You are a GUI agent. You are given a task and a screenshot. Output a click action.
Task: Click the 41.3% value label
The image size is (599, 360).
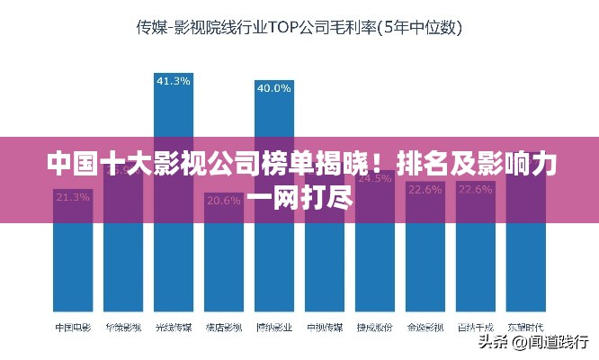point(174,81)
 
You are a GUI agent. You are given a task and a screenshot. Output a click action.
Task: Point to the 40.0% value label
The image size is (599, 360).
point(273,88)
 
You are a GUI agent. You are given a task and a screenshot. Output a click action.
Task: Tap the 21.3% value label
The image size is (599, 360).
point(73,196)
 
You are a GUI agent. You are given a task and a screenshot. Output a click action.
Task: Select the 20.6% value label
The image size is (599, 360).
point(223,200)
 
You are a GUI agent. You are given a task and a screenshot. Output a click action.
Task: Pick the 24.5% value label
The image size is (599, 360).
point(374,178)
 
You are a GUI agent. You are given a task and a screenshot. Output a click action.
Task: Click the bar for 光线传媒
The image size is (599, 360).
point(174,252)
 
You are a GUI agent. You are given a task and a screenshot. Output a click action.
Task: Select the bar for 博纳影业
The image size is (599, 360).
point(273,252)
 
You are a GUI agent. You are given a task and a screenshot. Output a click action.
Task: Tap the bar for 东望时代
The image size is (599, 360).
point(525,261)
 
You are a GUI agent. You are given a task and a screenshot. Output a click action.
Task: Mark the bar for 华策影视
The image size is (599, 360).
point(123,261)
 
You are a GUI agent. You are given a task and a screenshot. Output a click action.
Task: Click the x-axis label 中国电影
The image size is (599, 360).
point(73,328)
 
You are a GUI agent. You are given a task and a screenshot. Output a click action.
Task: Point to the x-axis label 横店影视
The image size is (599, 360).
point(223,328)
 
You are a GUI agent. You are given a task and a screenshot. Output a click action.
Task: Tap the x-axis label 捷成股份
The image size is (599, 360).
point(374,328)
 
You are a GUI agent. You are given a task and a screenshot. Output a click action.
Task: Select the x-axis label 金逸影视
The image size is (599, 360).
point(425,328)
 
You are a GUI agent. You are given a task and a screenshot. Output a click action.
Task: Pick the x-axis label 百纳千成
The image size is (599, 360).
point(475,328)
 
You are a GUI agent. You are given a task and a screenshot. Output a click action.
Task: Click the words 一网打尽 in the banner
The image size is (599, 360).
point(299,197)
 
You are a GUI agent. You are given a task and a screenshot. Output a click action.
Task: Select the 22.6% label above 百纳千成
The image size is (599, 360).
point(475,190)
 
